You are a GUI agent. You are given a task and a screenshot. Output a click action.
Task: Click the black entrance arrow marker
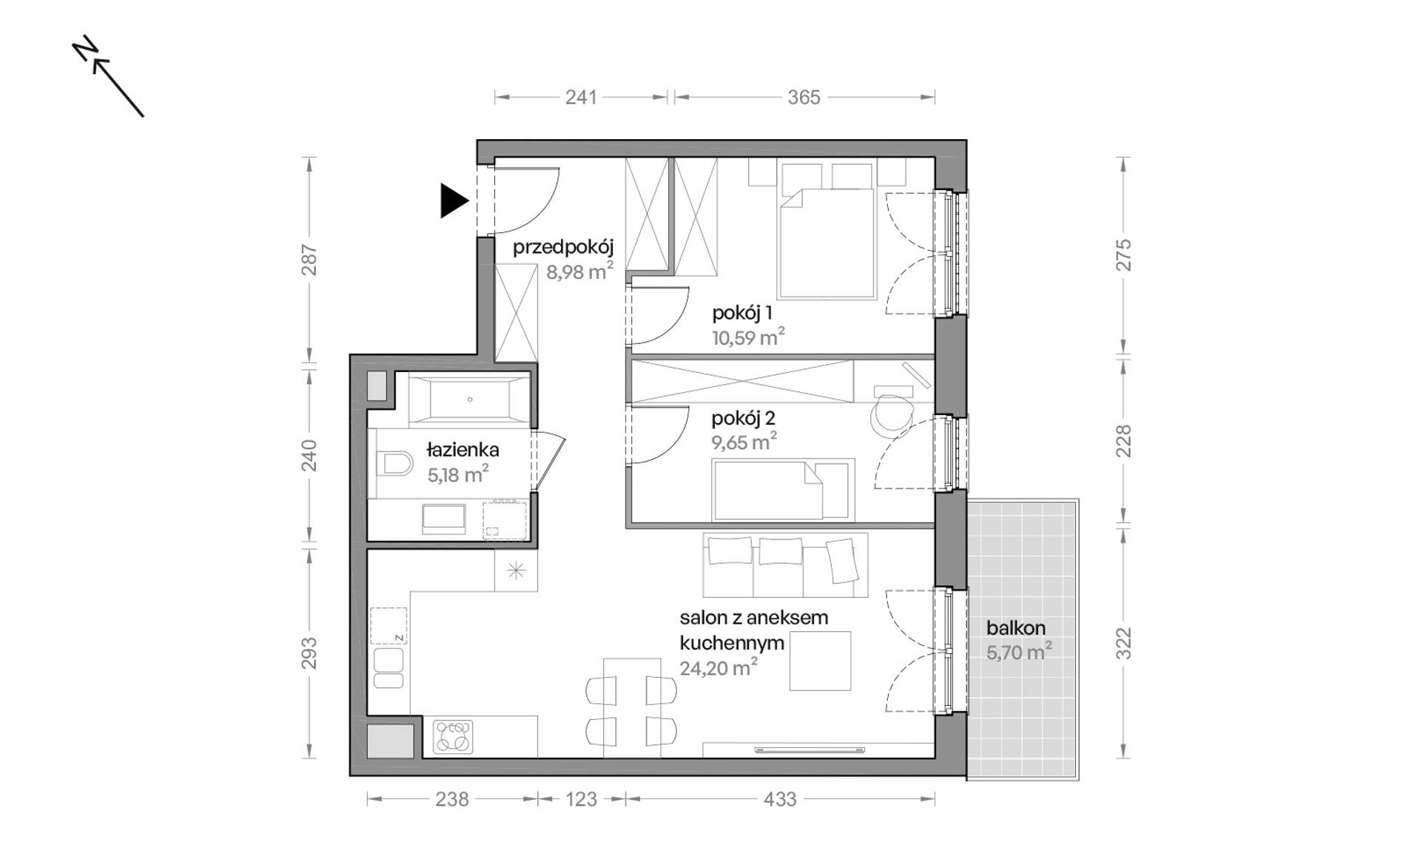click(454, 201)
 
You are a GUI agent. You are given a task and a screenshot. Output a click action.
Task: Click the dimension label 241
click(581, 97)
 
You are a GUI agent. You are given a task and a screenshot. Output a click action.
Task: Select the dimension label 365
click(804, 97)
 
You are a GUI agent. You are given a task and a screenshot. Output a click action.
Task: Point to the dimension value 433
click(780, 799)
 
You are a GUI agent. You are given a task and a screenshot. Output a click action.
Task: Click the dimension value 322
click(1123, 643)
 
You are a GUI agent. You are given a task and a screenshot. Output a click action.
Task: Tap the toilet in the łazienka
click(394, 465)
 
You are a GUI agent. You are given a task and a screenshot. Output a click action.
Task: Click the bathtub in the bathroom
click(469, 400)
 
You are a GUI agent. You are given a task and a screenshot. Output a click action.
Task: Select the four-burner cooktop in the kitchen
click(453, 737)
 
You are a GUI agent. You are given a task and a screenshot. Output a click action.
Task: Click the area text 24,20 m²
click(718, 668)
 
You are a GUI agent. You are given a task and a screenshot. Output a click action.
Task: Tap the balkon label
click(1015, 627)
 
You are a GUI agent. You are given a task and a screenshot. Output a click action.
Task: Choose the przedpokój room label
click(563, 247)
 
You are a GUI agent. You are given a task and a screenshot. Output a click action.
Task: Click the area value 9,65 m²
click(744, 442)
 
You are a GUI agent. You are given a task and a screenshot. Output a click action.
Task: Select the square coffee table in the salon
click(820, 661)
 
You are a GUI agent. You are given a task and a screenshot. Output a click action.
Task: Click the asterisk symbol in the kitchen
click(516, 570)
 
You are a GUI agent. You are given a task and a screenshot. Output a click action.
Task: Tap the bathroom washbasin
click(443, 519)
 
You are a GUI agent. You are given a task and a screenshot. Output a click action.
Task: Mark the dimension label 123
click(581, 799)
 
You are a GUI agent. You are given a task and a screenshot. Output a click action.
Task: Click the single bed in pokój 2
click(782, 490)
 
